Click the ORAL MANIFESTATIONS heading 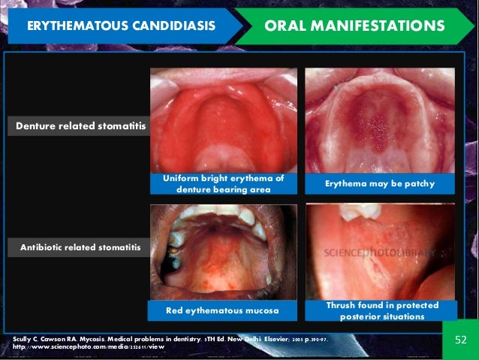(354, 26)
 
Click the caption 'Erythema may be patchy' (379, 183)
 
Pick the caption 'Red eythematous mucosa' (223, 310)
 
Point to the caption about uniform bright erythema (223, 183)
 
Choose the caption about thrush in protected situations (380, 310)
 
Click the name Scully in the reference (26, 340)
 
